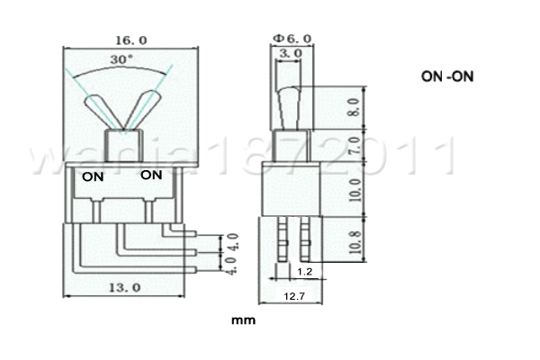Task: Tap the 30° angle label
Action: tap(121, 58)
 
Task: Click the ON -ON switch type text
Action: tap(447, 77)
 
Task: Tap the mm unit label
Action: tap(241, 319)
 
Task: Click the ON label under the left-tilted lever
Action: tap(94, 176)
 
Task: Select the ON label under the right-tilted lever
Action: tap(152, 175)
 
